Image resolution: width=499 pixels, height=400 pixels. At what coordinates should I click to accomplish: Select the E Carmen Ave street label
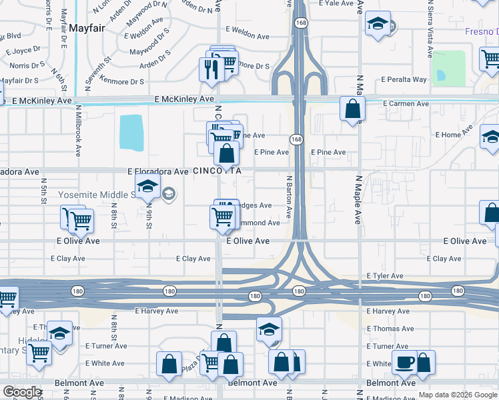[x=406, y=104]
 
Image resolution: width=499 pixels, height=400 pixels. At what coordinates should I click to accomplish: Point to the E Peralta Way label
[x=404, y=80]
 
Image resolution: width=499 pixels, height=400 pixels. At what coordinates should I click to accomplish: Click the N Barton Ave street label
[x=290, y=197]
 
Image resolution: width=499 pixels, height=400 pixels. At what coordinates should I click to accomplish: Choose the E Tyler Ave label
[x=384, y=276]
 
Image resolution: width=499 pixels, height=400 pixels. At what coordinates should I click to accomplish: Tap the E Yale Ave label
[x=336, y=3]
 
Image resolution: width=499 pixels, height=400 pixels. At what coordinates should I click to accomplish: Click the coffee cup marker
[x=404, y=362]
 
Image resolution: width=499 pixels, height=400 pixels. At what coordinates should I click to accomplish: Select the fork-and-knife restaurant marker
[x=211, y=68]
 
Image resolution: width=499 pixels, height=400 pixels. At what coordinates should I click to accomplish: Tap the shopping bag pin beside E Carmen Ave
[x=352, y=109]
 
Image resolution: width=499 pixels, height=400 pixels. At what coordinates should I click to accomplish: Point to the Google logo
[x=23, y=392]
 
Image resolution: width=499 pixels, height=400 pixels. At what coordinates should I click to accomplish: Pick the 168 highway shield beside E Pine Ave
[x=296, y=139]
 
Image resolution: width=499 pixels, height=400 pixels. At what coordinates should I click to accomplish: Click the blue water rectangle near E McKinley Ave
[x=131, y=132]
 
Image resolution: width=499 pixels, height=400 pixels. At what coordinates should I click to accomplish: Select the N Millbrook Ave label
[x=78, y=130]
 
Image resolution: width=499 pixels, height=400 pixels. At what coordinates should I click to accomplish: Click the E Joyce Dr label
[x=23, y=50]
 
